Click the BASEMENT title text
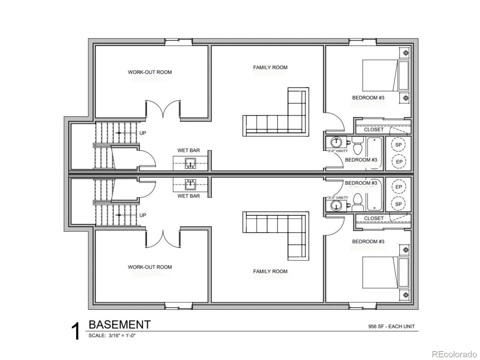coord(120,325)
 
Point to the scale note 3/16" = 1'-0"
coord(122,335)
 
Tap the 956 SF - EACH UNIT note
coord(391,326)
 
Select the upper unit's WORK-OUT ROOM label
coord(150,72)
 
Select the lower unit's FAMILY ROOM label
coord(270,271)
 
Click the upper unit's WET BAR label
coord(188,150)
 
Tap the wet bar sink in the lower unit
coord(190,184)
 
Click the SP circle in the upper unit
coord(398,145)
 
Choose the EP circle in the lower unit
coord(399,187)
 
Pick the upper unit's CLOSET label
coord(374,130)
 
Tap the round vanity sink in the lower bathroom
coord(336,205)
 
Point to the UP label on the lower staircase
coord(142,215)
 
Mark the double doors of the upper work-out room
coord(163,109)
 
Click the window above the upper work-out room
coord(178,42)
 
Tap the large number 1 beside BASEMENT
coord(76,331)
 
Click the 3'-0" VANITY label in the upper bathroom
coord(337,151)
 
